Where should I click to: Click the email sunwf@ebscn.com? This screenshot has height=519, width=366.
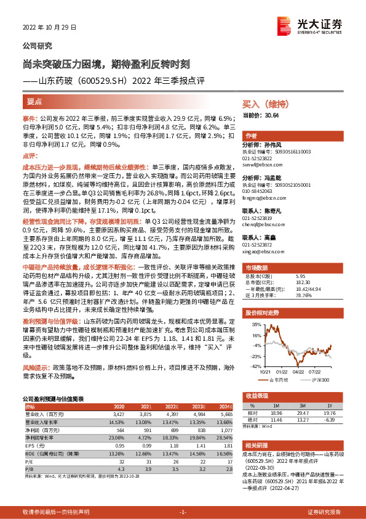tap(262, 166)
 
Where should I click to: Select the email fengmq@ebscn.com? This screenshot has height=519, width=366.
tap(263, 199)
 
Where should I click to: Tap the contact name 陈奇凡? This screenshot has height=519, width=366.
tap(273, 211)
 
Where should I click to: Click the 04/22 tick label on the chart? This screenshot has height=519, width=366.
tap(298, 371)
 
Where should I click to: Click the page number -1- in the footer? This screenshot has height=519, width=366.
tap(183, 512)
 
